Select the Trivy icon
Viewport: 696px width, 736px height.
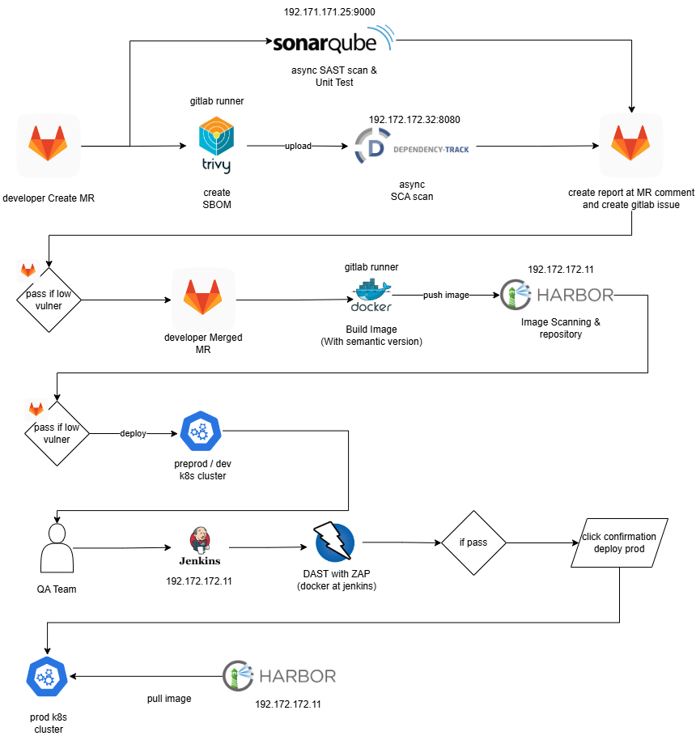216,146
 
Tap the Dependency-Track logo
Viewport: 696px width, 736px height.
412,148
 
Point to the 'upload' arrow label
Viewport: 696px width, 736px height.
298,147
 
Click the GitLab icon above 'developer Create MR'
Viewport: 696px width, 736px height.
49,145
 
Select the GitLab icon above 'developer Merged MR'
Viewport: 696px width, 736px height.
203,299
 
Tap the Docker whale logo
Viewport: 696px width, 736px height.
371,296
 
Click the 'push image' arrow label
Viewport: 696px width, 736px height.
446,296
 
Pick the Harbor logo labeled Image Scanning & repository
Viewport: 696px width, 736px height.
557,295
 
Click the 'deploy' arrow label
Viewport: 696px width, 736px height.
134,433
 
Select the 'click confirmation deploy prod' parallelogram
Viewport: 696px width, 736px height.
619,542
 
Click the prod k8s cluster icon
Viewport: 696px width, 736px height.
46,676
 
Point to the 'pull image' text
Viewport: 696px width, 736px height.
169,699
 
